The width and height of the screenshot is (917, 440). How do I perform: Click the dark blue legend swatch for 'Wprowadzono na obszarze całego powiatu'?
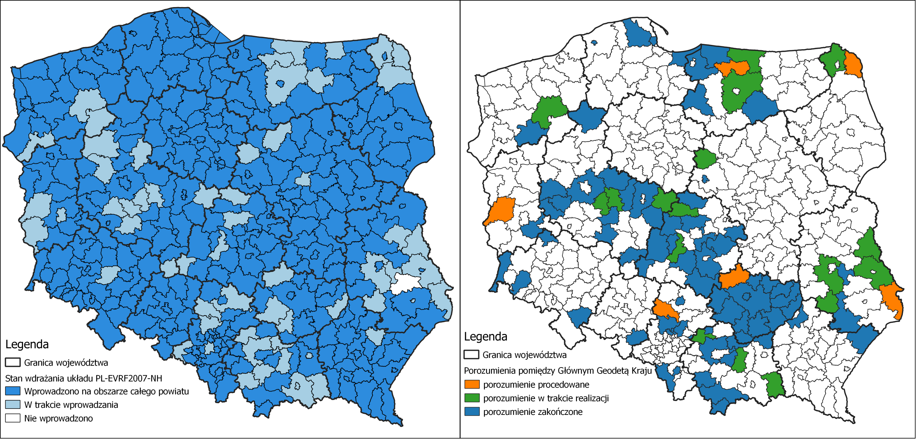click(12, 391)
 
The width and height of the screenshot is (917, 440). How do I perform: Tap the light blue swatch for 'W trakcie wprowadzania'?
click(12, 405)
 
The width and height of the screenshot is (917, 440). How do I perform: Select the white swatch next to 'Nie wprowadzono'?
click(12, 418)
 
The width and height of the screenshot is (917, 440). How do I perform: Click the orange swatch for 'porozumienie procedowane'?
click(472, 384)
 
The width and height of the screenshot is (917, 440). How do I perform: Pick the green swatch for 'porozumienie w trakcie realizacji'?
click(472, 398)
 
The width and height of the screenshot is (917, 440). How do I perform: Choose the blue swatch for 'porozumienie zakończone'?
click(472, 412)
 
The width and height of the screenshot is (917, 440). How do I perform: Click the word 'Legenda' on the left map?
click(27, 344)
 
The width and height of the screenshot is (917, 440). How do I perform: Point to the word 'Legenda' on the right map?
click(486, 336)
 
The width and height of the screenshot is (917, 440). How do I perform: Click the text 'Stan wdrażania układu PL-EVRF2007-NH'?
click(83, 378)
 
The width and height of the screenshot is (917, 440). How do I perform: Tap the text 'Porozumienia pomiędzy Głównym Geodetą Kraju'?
click(557, 371)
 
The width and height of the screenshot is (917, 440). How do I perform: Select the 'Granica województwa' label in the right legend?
click(524, 355)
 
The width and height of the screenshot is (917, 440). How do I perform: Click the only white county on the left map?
click(406, 283)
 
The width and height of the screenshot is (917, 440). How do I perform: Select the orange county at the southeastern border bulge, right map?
click(894, 299)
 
